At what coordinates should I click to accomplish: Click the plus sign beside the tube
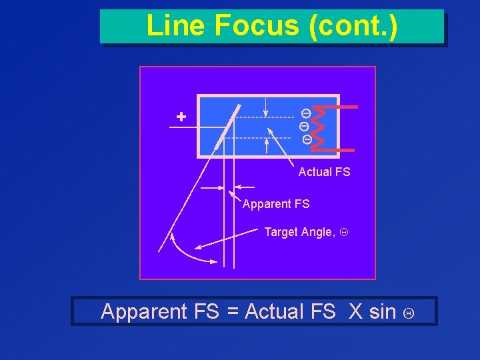point(181,117)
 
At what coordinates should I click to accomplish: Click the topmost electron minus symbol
point(305,113)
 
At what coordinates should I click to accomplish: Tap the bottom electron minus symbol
point(307,140)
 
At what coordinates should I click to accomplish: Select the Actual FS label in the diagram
point(324,172)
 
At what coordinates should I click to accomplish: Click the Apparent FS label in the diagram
point(276,204)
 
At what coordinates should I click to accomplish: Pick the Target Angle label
point(299,232)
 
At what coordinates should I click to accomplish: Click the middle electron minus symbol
point(304,125)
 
